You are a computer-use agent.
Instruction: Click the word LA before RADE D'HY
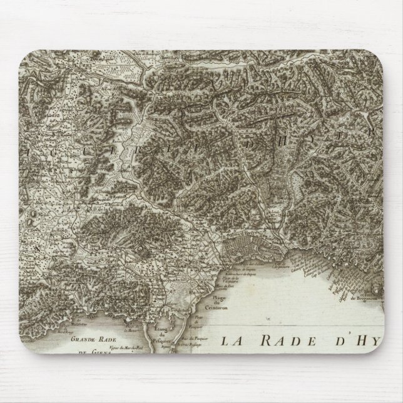[232, 341]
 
